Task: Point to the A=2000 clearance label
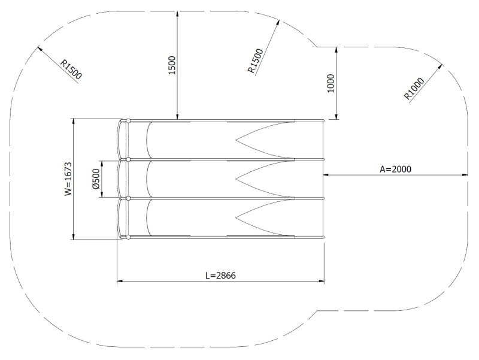pyautogui.click(x=396, y=170)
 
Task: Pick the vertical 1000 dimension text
pyautogui.click(x=331, y=83)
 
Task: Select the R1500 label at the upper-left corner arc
pyautogui.click(x=71, y=69)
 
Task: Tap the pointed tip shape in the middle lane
pyautogui.click(x=238, y=178)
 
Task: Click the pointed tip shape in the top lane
pyautogui.click(x=238, y=140)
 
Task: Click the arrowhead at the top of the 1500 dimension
pyautogui.click(x=177, y=13)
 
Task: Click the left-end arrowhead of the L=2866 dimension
pyautogui.click(x=120, y=280)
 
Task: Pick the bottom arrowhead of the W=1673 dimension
pyautogui.click(x=74, y=236)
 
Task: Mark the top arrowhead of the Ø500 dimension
pyautogui.click(x=102, y=162)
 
